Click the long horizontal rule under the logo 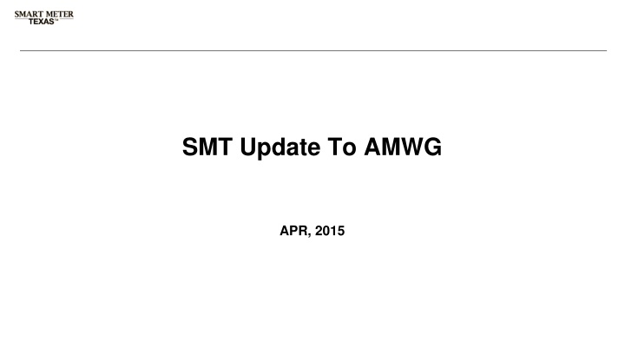pyautogui.click(x=312, y=50)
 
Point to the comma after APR pyautogui.click(x=306, y=234)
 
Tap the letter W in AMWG pyautogui.click(x=406, y=149)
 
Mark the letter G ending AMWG pyautogui.click(x=431, y=149)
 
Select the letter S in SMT pyautogui.click(x=191, y=149)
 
